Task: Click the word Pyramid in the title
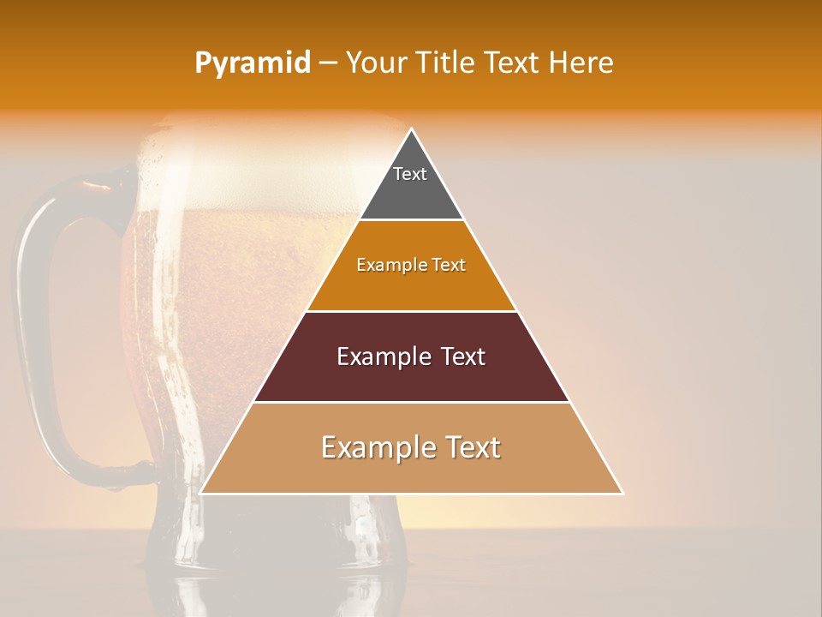(x=253, y=63)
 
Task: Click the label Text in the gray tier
(x=410, y=174)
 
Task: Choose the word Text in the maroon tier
(x=454, y=356)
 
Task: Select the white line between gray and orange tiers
(x=411, y=220)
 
